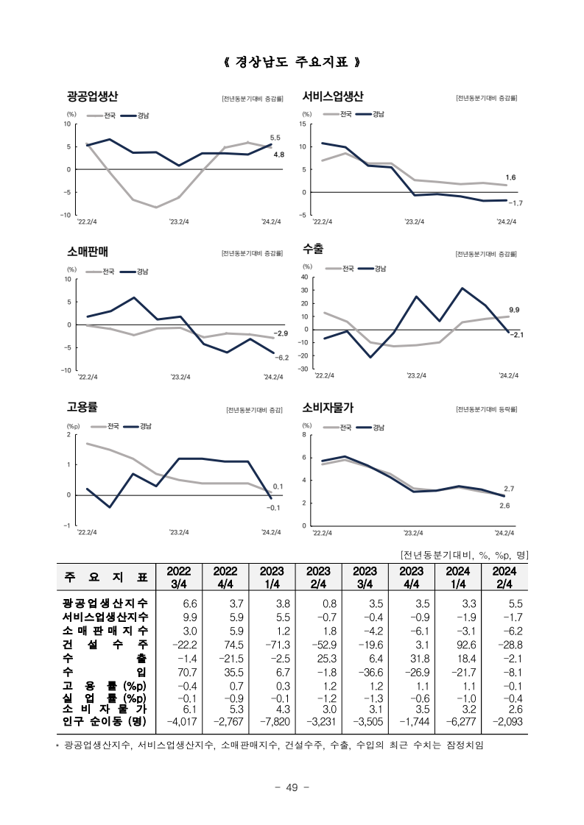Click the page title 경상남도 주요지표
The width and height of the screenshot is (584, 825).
(292, 62)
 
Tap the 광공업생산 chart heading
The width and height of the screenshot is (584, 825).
(92, 96)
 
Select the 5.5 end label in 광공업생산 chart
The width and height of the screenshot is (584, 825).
(275, 138)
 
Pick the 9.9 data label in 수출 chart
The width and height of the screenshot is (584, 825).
(514, 310)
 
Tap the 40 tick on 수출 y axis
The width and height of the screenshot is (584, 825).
(304, 277)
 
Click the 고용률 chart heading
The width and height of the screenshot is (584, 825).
(82, 407)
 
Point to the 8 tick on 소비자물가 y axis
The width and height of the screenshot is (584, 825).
(304, 435)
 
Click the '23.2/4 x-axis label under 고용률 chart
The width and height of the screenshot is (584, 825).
(179, 532)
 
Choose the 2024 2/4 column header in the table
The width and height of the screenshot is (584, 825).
(504, 577)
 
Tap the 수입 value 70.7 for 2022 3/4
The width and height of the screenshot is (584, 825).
(188, 673)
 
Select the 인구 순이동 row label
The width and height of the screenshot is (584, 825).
(105, 720)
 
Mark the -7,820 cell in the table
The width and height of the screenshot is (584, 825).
(275, 721)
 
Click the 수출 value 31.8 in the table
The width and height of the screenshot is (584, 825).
(420, 659)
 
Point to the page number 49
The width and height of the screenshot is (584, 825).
(292, 787)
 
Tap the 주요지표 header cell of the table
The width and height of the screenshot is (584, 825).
(106, 577)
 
